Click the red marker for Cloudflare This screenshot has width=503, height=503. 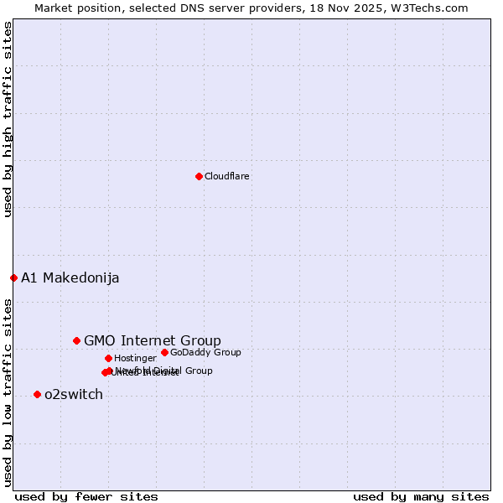(199, 176)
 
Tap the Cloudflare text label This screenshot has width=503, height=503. (226, 176)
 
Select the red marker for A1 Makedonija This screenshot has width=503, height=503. (13, 277)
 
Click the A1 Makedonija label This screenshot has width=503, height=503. (70, 278)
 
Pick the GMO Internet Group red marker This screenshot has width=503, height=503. (76, 340)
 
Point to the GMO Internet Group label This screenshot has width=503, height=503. (152, 340)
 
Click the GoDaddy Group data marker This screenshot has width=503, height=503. (164, 352)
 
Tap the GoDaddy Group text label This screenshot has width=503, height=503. (205, 352)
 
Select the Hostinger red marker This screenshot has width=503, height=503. (108, 358)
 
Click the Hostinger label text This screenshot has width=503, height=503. (135, 358)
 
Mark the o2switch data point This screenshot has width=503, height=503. (37, 394)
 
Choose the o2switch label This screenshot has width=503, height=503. (73, 395)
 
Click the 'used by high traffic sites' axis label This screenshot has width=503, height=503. (8, 119)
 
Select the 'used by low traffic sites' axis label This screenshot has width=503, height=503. (8, 392)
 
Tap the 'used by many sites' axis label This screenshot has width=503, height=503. (421, 497)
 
